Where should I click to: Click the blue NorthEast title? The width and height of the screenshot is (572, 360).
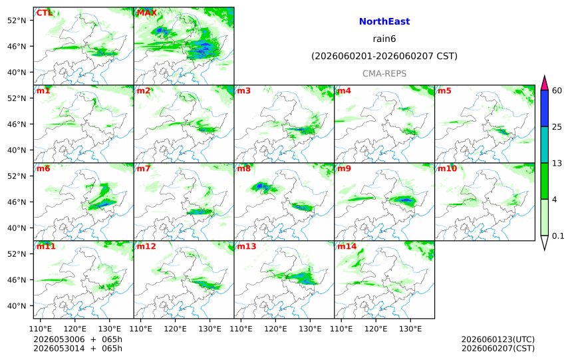pos(384,21)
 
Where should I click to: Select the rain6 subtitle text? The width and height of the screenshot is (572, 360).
pos(384,39)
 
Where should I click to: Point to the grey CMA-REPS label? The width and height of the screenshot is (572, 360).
pos(384,74)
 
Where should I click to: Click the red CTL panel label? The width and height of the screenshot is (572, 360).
pos(44,13)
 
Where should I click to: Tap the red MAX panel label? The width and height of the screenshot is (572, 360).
pos(146,13)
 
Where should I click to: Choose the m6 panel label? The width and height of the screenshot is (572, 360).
pos(43,168)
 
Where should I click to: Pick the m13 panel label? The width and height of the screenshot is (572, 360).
pos(247,246)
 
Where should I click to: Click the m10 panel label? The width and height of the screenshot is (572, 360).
pos(447,168)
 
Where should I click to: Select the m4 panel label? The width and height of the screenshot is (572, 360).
pos(344,90)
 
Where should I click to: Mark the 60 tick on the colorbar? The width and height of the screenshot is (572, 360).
pos(557,90)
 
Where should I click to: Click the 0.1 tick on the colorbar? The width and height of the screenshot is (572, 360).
pos(558,236)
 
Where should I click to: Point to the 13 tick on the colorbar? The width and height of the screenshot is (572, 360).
pos(557,163)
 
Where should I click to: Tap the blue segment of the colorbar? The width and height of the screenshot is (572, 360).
pos(544,108)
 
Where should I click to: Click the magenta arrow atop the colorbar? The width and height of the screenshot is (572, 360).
pos(544,83)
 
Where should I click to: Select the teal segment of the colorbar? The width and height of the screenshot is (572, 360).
pos(544,144)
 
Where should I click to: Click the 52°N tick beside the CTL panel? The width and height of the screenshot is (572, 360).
pos(17,21)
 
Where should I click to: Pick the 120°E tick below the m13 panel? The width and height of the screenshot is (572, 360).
pos(275,329)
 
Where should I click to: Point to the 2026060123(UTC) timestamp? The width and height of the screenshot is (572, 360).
pos(498,339)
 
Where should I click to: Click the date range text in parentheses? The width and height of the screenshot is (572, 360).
pos(384,56)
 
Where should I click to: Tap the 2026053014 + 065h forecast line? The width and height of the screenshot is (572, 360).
pos(78,348)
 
